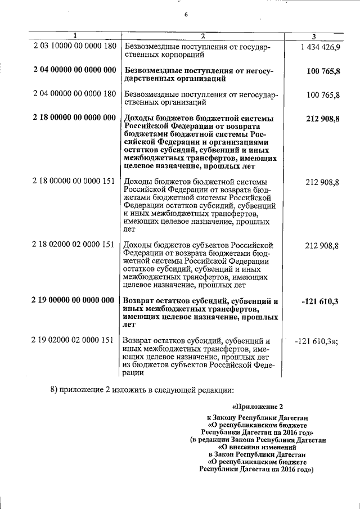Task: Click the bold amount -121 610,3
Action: point(319,301)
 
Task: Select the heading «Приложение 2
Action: point(255,406)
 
